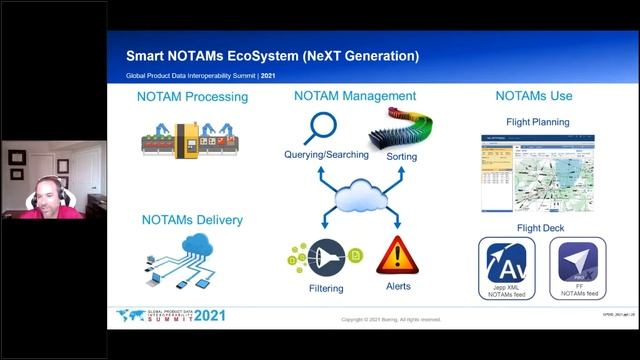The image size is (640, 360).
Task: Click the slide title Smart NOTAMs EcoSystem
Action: [x=272, y=56]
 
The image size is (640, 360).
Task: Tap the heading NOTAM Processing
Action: [x=192, y=97]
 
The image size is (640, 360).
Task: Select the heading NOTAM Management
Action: [x=355, y=97]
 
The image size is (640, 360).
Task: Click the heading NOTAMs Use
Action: [x=534, y=97]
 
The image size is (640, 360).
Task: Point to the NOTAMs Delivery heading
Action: [x=192, y=220]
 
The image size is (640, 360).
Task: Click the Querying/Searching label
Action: [x=326, y=156]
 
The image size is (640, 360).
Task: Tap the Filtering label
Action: [x=325, y=289]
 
